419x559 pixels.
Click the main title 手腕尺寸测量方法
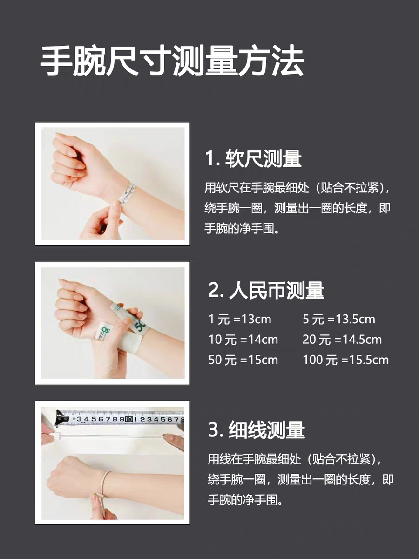click(x=172, y=61)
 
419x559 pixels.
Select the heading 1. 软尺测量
click(x=253, y=158)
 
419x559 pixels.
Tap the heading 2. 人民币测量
click(x=266, y=290)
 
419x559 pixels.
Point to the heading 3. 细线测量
click(x=257, y=429)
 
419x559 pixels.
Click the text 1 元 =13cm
click(x=240, y=320)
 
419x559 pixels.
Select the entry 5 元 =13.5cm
click(x=338, y=320)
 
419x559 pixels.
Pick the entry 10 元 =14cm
click(x=243, y=340)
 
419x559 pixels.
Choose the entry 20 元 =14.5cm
click(x=342, y=340)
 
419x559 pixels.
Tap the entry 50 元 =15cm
click(x=243, y=360)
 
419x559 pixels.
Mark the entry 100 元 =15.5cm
click(x=345, y=360)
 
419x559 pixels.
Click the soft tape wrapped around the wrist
click(x=128, y=193)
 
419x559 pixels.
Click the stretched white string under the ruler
click(x=112, y=436)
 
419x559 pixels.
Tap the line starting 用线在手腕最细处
click(x=295, y=459)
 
